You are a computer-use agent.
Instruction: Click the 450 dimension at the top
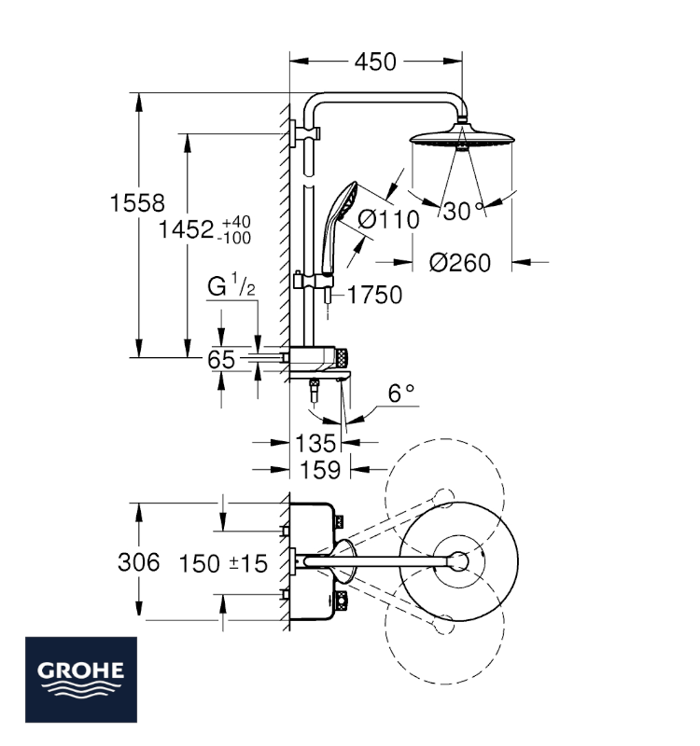pos(375,62)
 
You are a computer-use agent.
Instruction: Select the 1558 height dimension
pos(137,203)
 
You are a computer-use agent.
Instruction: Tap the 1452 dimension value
pos(186,229)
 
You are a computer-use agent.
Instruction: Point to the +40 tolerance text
pos(236,222)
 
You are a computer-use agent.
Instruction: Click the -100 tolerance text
pos(234,238)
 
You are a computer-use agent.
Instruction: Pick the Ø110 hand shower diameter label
pos(388,220)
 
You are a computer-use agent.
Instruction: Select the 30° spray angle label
pos(463,211)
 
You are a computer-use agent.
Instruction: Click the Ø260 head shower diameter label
pos(459,263)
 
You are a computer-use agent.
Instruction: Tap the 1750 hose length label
pos(375,295)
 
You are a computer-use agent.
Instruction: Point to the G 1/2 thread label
pos(231,285)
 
